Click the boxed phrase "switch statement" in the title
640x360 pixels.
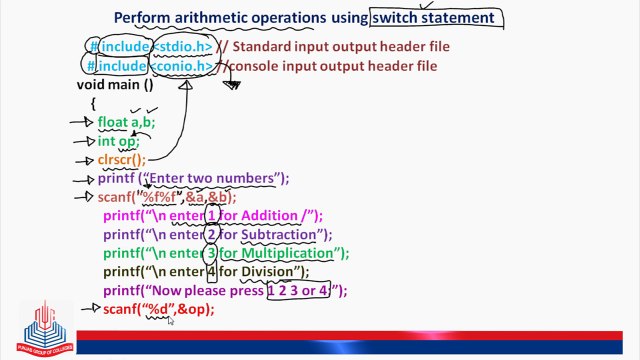tap(432, 17)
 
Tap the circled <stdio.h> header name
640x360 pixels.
tap(182, 46)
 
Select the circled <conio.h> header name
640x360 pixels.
tap(183, 66)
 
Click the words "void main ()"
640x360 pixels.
tap(115, 84)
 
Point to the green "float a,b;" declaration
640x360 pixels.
tap(126, 122)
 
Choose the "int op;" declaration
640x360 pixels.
tap(118, 141)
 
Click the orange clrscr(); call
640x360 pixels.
tap(121, 159)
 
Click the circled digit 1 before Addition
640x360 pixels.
tap(211, 216)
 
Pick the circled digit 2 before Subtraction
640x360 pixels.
tap(212, 235)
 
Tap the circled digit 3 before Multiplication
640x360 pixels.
tap(212, 253)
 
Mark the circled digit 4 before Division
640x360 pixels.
tap(212, 272)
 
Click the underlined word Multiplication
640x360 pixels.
tap(289, 253)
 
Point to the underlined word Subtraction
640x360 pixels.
tap(279, 235)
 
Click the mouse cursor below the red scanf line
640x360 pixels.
tap(170, 321)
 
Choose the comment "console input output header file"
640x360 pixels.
tap(334, 66)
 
